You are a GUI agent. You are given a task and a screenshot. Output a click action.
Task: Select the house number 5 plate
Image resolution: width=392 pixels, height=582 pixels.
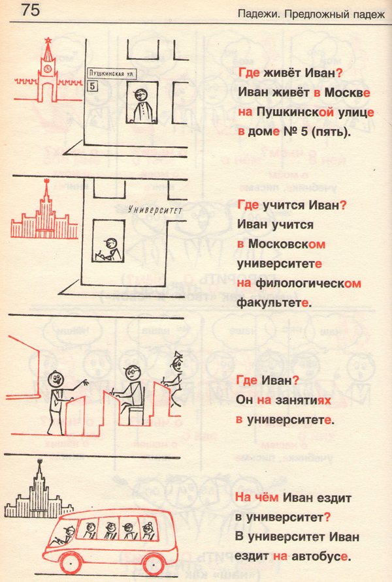(x=93, y=87)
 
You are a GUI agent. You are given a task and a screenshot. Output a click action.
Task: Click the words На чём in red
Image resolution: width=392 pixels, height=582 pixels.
(x=257, y=498)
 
